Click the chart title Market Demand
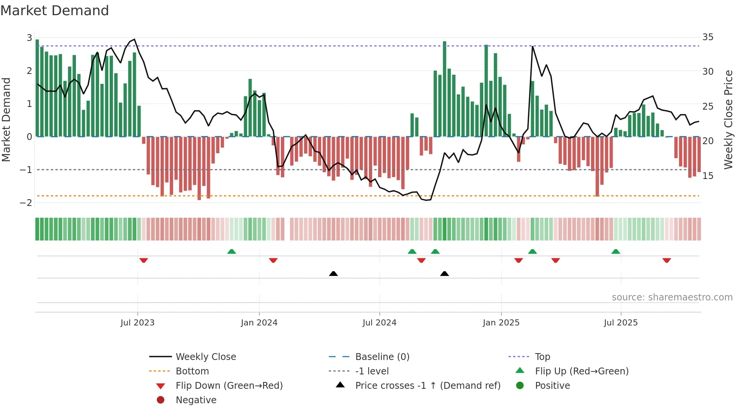55,11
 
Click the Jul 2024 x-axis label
379,323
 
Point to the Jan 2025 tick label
501,323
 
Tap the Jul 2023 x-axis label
137,323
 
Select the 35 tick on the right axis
708,37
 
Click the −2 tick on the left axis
26,203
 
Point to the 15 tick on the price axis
708,176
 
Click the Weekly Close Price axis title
728,119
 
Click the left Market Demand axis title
6,119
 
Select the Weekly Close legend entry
205,357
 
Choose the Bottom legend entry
192,371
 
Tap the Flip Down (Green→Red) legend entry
229,386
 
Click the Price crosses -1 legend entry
427,386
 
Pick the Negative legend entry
196,400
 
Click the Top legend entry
542,357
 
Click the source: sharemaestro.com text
672,297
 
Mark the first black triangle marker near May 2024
333,273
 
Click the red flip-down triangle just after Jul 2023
143,260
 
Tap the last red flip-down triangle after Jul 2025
667,260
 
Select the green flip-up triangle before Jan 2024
232,251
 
